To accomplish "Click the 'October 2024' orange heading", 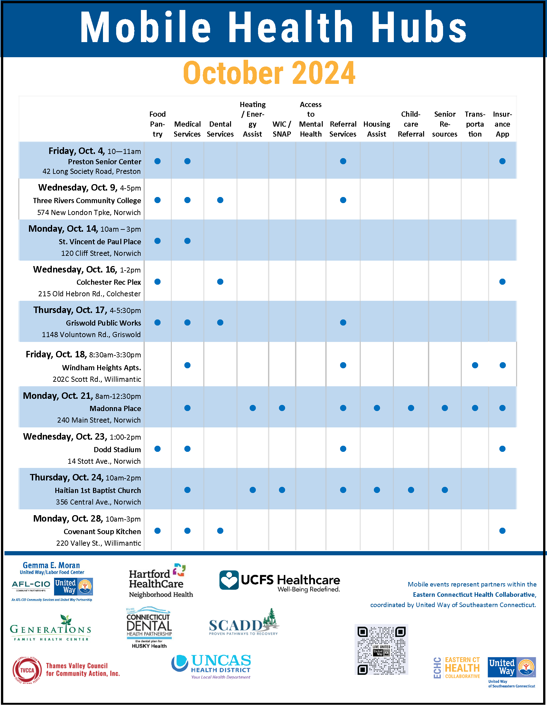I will point(269,73).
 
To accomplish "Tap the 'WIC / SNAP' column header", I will point(282,129).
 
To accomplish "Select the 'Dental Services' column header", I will point(220,129).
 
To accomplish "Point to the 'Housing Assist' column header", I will point(376,129).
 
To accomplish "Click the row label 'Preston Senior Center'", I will point(104,162).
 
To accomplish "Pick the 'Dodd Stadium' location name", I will point(117,449).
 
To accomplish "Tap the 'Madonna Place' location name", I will point(115,408).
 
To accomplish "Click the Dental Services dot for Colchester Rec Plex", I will point(220,282).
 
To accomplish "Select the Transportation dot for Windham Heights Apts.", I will point(475,365).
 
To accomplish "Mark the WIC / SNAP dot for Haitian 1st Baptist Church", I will point(282,490).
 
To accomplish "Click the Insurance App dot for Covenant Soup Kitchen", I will point(502,531).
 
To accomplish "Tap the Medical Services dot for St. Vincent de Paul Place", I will point(187,241).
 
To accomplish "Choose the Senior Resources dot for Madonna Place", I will point(445,408).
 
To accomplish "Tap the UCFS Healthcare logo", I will point(280,581).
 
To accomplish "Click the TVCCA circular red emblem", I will point(27,670).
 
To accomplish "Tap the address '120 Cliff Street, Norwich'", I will point(101,253).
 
